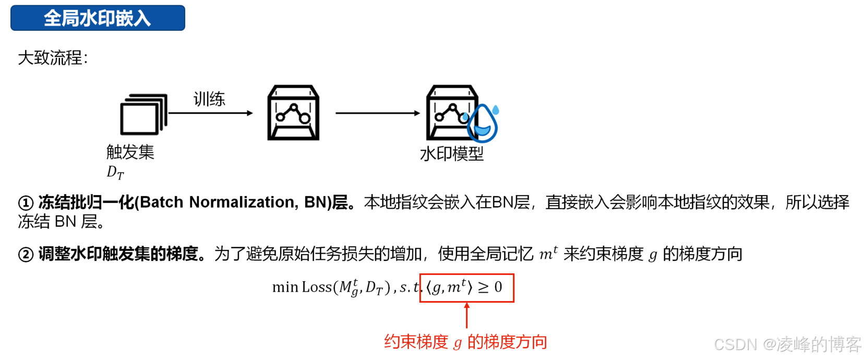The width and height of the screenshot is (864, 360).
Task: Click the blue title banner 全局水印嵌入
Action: tap(98, 18)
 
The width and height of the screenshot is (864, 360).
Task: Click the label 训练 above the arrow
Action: tap(209, 99)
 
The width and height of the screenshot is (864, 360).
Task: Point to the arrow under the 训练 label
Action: tap(210, 113)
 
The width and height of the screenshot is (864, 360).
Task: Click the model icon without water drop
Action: tap(293, 113)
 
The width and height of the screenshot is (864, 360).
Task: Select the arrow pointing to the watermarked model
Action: tap(378, 113)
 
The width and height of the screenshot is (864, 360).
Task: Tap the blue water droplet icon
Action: tap(483, 124)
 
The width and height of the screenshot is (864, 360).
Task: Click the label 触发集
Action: tap(130, 152)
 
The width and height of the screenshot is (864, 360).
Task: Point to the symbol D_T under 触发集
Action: tap(115, 172)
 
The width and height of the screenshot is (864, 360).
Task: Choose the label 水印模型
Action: tap(452, 154)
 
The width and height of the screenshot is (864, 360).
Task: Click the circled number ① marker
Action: tap(26, 203)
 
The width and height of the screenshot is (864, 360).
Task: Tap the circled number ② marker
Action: tap(26, 255)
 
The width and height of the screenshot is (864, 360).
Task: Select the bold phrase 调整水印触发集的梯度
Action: tap(118, 254)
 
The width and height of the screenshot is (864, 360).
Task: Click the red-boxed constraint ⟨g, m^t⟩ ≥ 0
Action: tap(466, 287)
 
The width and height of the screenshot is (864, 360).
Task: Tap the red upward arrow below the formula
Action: tap(466, 315)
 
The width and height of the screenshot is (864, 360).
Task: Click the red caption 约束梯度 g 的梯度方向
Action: tap(465, 342)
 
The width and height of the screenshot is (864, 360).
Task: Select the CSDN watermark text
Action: tap(787, 344)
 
